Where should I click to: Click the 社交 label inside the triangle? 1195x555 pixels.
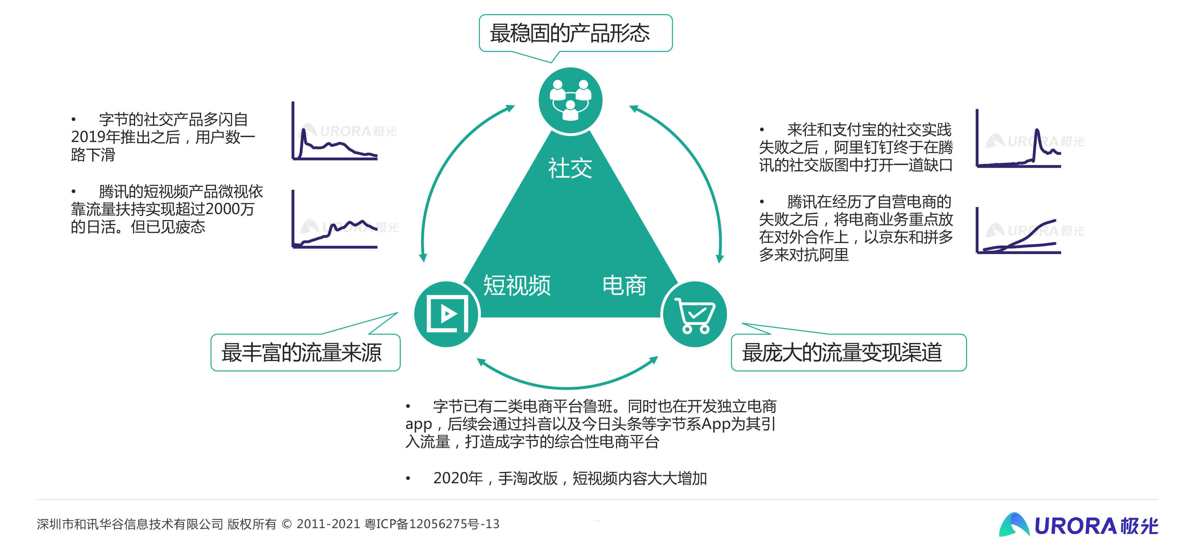click(570, 168)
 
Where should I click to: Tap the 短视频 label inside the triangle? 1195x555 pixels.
click(517, 285)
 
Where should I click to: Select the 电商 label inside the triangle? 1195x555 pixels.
click(624, 285)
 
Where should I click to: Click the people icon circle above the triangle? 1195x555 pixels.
click(571, 100)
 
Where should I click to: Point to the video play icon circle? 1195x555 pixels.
click(447, 314)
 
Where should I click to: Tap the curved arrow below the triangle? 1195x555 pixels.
click(567, 386)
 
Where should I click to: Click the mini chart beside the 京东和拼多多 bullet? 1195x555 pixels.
click(1018, 230)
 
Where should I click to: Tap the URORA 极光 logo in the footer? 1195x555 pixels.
click(1079, 525)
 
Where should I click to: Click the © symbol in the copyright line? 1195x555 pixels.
click(287, 524)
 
